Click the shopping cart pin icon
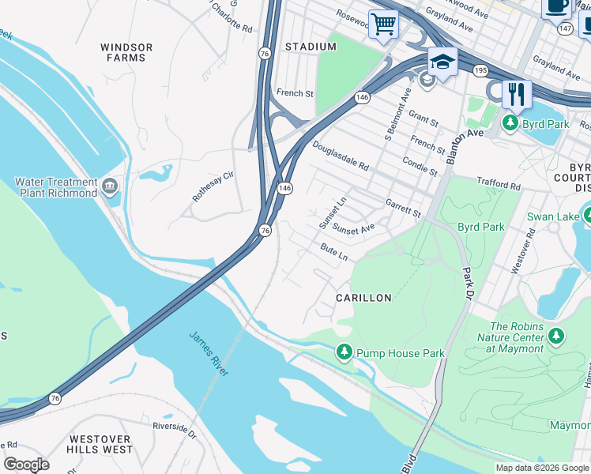383,24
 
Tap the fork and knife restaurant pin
517,94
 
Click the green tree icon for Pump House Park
344,352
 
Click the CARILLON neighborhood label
363,298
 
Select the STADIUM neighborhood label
311,47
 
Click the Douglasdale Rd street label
341,156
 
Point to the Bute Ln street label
334,251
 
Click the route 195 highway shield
480,70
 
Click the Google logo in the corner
26,464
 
